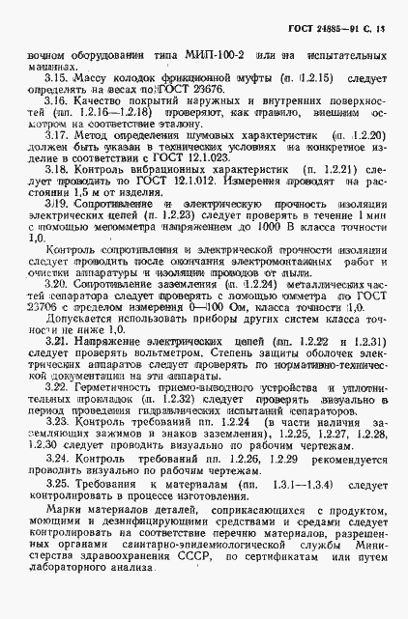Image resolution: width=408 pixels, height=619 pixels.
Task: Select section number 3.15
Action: pyautogui.click(x=56, y=76)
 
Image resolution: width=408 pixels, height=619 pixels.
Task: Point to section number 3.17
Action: pyautogui.click(x=56, y=139)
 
